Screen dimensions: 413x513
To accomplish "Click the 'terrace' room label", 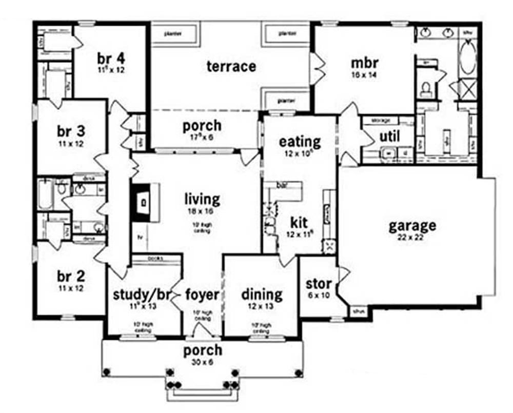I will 231,66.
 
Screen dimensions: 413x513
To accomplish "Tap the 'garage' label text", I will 412,226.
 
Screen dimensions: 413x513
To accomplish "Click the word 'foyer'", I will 202,295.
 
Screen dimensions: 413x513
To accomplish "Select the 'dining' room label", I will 262,295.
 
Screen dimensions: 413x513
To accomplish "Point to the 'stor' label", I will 319,284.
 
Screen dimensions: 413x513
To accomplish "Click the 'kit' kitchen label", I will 299,223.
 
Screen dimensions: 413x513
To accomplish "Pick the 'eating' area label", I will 300,141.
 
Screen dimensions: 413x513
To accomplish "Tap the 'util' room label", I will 389,136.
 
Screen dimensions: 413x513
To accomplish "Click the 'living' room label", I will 203,199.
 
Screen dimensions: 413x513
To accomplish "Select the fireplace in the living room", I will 142,202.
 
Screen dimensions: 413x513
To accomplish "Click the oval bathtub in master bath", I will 467,58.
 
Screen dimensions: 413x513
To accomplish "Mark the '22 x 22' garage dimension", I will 412,238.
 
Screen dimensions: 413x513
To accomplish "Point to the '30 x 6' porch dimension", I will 204,362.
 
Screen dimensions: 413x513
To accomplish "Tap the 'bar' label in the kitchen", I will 282,184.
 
